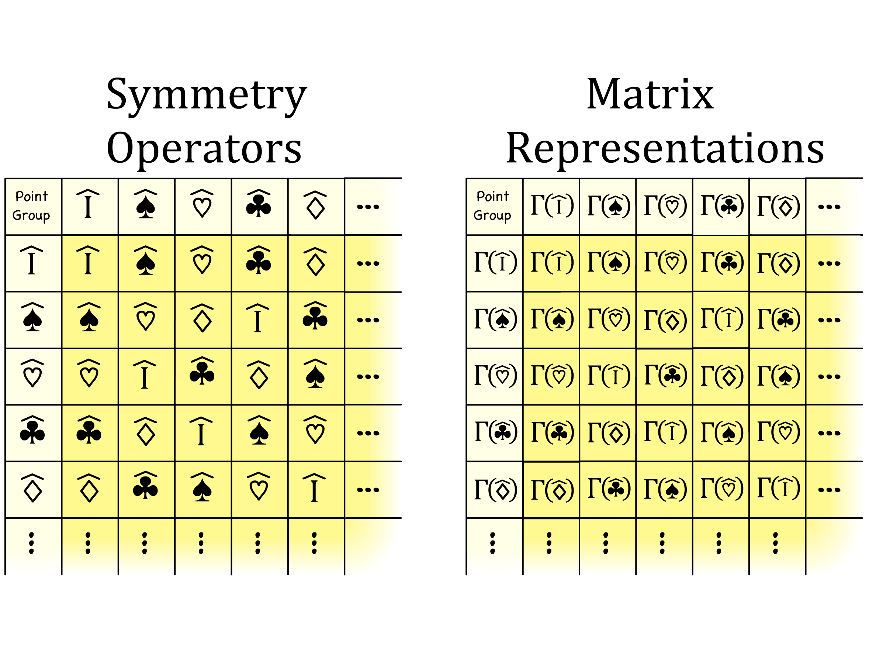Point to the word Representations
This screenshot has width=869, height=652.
[665, 149]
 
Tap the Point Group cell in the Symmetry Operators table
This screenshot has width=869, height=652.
[31, 206]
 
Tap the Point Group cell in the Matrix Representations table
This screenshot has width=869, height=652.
[493, 206]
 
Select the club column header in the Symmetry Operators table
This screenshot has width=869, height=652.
[259, 204]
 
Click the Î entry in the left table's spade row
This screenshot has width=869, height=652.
[258, 318]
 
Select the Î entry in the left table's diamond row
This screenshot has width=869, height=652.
[314, 488]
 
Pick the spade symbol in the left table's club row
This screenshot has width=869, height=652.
[259, 430]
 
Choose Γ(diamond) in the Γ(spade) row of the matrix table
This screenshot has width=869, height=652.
[665, 320]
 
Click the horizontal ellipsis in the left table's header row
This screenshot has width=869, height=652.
[368, 207]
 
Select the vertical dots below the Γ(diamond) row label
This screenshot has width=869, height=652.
[493, 544]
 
